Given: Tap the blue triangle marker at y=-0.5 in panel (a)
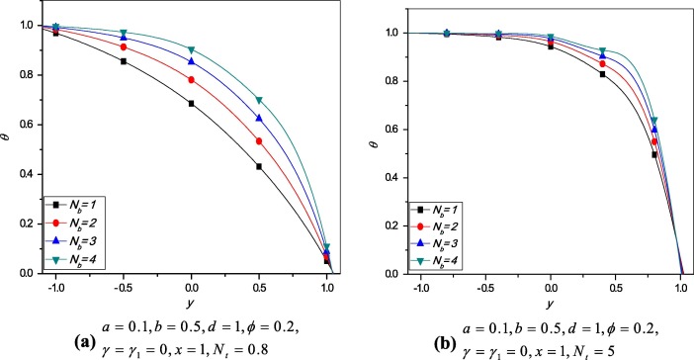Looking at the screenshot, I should click(x=123, y=38).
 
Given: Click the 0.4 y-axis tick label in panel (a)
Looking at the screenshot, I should click(x=24, y=174).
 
